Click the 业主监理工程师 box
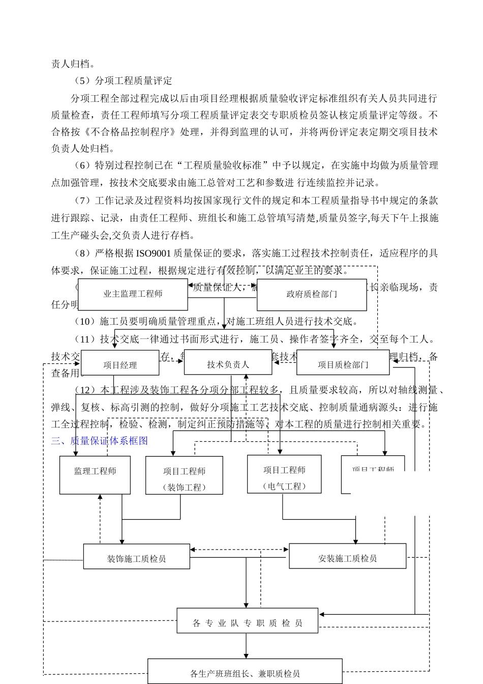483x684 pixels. click(133, 294)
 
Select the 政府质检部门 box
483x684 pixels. click(311, 294)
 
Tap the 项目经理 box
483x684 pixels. click(120, 364)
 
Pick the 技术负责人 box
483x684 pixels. click(228, 364)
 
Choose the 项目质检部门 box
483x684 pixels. click(343, 364)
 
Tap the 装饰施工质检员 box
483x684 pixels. click(136, 558)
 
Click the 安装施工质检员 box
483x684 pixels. click(347, 558)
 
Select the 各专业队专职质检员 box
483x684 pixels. click(247, 622)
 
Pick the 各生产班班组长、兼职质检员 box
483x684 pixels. click(245, 673)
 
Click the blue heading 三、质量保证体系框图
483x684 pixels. click(100, 441)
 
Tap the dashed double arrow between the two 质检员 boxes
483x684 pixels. click(239, 550)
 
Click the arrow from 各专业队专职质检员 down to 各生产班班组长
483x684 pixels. click(247, 646)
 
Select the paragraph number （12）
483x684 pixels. click(85, 390)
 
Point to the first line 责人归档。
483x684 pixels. click(73, 64)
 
